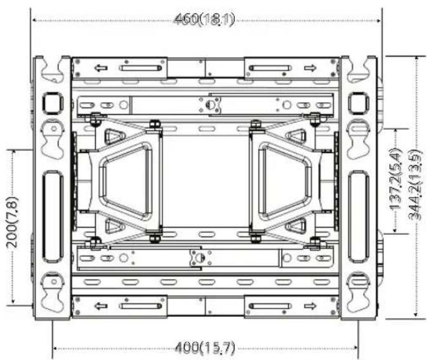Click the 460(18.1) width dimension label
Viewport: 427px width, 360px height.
(x=204, y=20)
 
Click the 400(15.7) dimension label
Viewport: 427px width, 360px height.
(x=205, y=348)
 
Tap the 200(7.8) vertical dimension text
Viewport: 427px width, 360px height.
(x=12, y=222)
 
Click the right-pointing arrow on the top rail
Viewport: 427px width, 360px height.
(x=310, y=68)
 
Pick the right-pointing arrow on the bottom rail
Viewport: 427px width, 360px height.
(x=310, y=306)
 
